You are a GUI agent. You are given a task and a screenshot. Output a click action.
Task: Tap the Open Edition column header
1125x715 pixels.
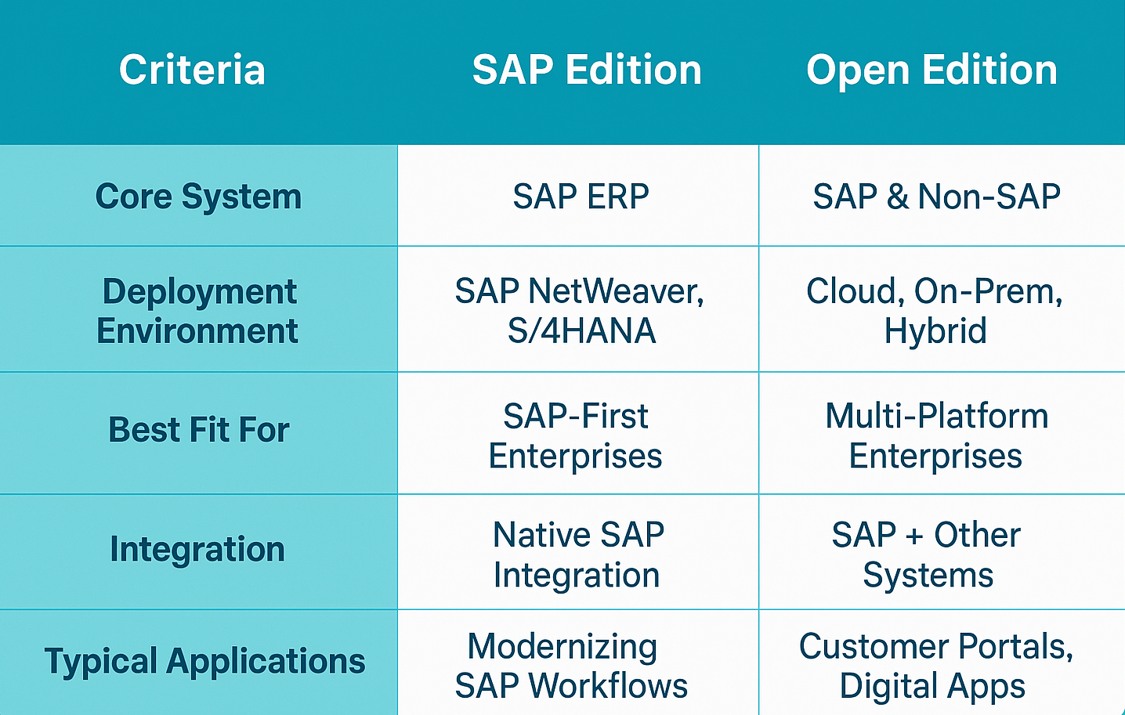pos(931,71)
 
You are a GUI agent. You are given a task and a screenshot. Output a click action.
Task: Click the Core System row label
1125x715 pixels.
pos(198,197)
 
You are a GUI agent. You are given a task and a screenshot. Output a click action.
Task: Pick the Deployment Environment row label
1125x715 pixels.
pos(198,311)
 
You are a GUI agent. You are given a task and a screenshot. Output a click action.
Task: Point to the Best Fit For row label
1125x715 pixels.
pos(199,430)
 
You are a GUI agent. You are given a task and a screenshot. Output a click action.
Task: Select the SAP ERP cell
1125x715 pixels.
pos(581,196)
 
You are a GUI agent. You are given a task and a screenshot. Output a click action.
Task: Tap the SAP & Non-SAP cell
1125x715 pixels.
pos(937,196)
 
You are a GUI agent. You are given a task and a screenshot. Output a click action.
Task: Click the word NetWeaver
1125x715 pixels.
pos(616,292)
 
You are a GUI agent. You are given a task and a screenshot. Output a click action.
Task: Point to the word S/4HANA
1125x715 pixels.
pos(581,330)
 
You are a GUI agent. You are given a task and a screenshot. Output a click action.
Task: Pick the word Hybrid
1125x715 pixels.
pos(935,332)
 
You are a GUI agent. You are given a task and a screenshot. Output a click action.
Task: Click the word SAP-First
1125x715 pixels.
pos(576,417)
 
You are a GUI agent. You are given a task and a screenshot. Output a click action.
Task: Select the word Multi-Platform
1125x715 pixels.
pos(937,417)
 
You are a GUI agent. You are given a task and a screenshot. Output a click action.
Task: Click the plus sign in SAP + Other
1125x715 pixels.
pos(915,536)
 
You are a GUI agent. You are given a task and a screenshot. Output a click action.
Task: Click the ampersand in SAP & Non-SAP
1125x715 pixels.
pos(898,196)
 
